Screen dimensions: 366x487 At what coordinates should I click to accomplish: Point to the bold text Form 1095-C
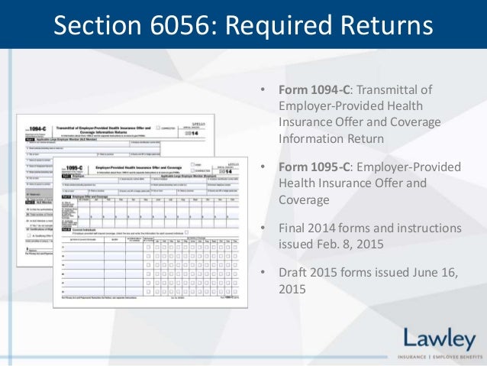[x=313, y=167]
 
